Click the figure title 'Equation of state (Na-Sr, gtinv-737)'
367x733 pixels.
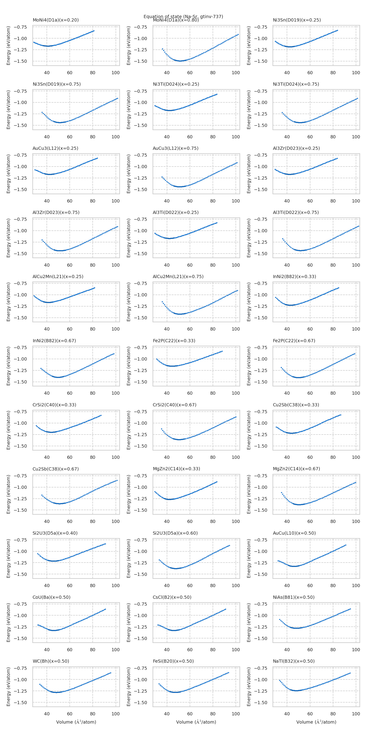(x=183, y=16)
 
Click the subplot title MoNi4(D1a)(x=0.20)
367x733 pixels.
(x=56, y=20)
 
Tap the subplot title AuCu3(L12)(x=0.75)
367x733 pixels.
(x=175, y=148)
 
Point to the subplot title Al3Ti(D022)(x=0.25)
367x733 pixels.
(x=175, y=212)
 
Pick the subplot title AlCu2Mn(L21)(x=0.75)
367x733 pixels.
(x=178, y=276)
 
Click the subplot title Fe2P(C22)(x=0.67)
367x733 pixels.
(x=294, y=341)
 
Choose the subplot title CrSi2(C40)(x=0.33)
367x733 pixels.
(x=54, y=405)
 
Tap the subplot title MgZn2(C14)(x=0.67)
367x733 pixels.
(x=296, y=469)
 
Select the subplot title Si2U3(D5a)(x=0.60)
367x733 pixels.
(x=175, y=533)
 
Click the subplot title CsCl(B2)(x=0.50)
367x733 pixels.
(x=172, y=597)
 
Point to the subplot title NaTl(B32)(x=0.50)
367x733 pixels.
(x=294, y=661)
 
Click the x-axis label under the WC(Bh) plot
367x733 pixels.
(x=76, y=722)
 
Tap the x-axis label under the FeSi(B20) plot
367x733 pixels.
(x=196, y=722)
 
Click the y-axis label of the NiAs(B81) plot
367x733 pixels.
(x=249, y=623)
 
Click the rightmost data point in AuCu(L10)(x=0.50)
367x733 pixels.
(x=346, y=545)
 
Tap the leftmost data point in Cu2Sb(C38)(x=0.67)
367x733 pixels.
(x=42, y=495)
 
